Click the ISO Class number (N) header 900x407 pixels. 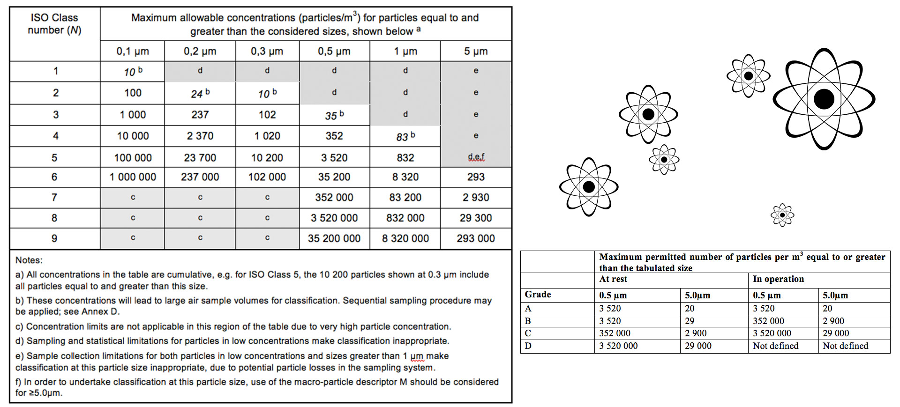coord(54,24)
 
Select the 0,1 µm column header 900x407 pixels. coord(133,51)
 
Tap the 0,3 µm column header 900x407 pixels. coord(267,51)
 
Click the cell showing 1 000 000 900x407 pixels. coord(133,177)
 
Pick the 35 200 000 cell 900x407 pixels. coord(334,238)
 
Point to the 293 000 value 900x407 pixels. coord(476,238)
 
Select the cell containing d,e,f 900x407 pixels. coord(476,157)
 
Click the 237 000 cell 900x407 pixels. coord(200,177)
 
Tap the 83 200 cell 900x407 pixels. coord(405,198)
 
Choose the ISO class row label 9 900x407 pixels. coord(54,238)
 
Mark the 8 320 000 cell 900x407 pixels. coord(405,238)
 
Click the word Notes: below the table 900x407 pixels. coord(29,260)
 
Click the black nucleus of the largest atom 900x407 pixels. coord(824,99)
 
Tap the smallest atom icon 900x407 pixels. coord(782,215)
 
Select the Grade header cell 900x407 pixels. coord(538,295)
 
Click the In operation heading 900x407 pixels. coord(778,279)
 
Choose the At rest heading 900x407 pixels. coord(613,279)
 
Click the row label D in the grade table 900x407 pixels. coord(528,346)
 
